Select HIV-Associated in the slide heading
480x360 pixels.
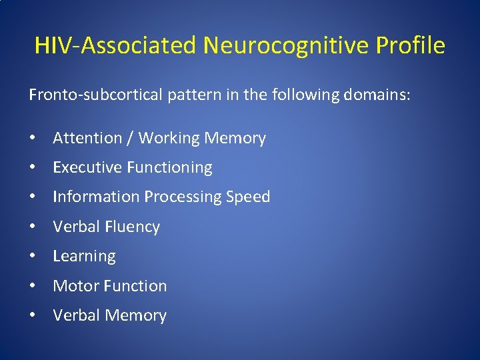pyautogui.click(x=115, y=46)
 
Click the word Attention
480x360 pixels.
pyautogui.click(x=87, y=139)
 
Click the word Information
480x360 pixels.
pyautogui.click(x=94, y=197)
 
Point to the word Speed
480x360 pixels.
pyautogui.click(x=248, y=197)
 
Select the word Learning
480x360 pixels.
pyautogui.click(x=84, y=256)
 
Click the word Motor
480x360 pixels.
pyautogui.click(x=75, y=286)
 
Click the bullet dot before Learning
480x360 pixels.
pyautogui.click(x=33, y=256)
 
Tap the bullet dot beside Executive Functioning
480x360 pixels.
pyautogui.click(x=33, y=168)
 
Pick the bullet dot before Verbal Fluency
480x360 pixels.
pyautogui.click(x=33, y=227)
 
